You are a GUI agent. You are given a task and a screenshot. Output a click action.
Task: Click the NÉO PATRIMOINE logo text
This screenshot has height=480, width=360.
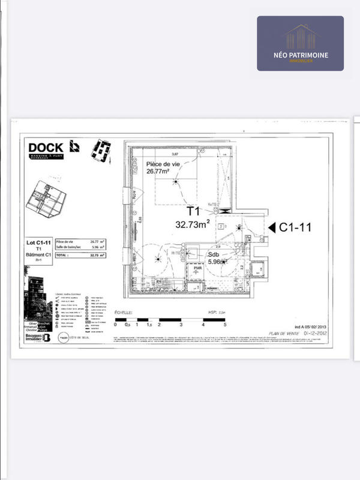point(300,55)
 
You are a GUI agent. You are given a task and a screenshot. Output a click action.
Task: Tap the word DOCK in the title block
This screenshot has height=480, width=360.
point(46,146)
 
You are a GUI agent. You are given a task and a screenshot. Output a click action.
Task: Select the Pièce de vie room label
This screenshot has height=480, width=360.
point(162,163)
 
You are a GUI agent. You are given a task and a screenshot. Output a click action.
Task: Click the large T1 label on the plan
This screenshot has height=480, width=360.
point(193,212)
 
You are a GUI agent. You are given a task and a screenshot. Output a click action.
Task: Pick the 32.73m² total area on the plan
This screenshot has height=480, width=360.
point(192,224)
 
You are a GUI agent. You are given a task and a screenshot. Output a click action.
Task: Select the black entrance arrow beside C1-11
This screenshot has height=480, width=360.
point(271,227)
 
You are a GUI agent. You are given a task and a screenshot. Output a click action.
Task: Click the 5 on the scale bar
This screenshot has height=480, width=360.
point(225,325)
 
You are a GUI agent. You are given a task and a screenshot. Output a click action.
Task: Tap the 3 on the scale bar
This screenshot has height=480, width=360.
point(181,325)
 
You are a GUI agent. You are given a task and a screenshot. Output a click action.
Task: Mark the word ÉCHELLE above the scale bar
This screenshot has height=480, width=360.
point(125,313)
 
